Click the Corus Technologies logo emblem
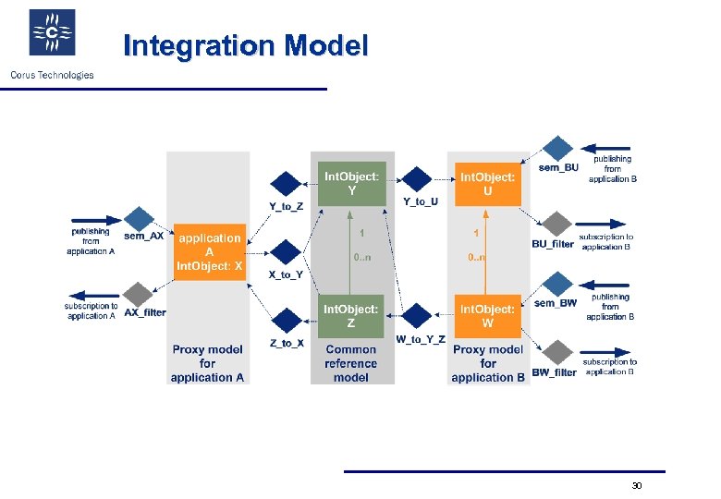point(53,33)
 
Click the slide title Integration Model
point(245,45)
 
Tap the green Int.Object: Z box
point(350,316)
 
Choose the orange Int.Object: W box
point(487,316)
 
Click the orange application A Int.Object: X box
point(211,251)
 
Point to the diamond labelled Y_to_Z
point(287,184)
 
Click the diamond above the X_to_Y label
point(287,252)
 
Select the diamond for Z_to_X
point(287,320)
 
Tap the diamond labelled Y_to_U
point(419,179)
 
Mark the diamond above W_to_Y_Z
point(419,316)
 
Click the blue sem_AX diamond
point(139,219)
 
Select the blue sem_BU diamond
point(557,149)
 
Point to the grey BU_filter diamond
point(556,225)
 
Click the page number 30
point(636,485)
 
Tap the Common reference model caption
point(350,363)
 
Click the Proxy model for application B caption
point(488,363)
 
